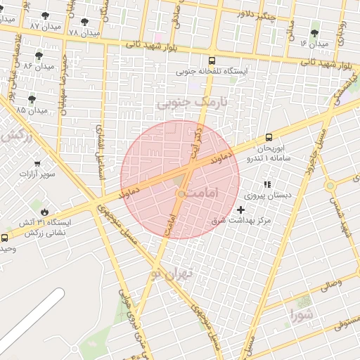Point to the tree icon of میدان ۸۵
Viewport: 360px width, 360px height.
tap(32, 99)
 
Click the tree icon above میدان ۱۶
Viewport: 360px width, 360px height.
tap(314, 33)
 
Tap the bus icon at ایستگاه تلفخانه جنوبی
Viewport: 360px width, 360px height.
tap(212, 61)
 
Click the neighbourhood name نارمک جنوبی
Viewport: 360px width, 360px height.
tap(193, 103)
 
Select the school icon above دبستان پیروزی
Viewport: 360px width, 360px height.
tap(266, 184)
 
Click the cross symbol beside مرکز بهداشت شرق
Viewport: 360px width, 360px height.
tap(241, 210)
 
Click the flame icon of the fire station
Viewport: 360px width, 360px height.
tap(44, 211)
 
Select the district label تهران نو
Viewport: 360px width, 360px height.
tap(171, 274)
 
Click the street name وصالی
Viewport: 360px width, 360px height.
tap(330, 285)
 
